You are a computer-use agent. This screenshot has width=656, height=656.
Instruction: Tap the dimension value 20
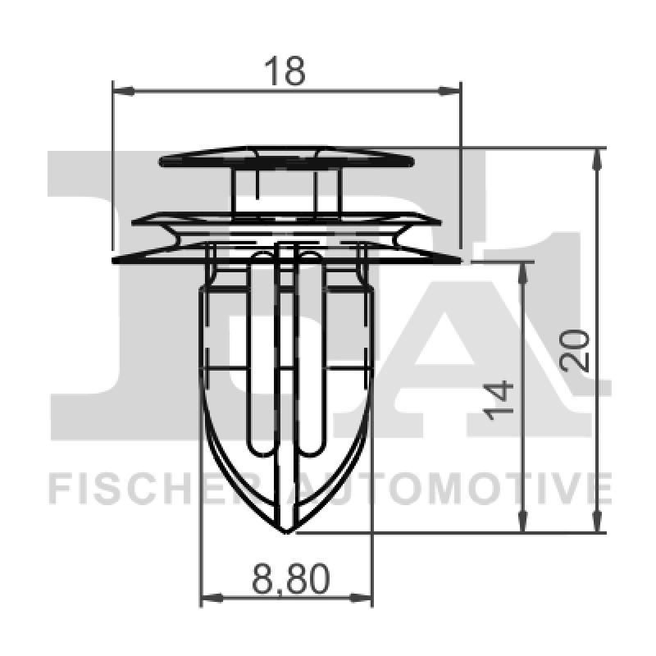click(x=577, y=350)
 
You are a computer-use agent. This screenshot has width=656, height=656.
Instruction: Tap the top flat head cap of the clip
click(x=286, y=157)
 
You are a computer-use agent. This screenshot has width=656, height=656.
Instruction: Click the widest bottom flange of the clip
click(x=286, y=258)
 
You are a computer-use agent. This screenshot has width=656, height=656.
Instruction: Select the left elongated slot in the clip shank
click(x=261, y=353)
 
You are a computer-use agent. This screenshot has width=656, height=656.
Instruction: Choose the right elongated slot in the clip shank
click(x=312, y=353)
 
